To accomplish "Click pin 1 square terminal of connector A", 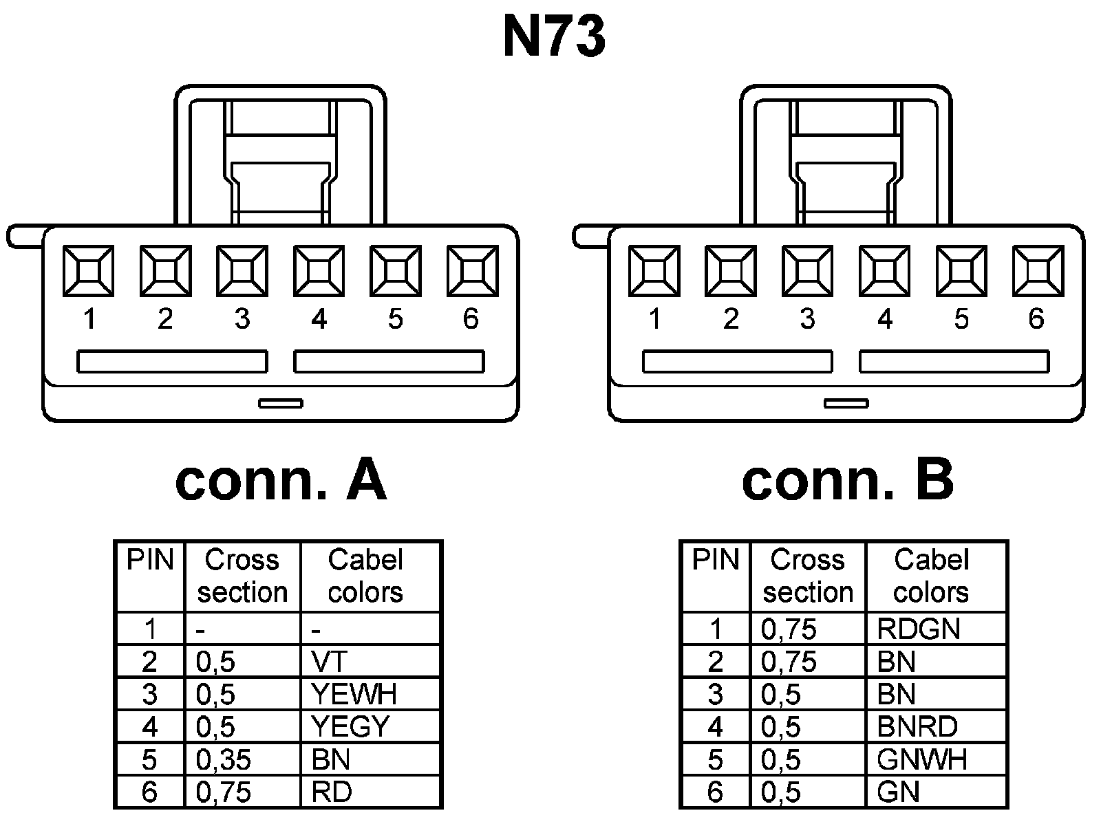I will tap(89, 271).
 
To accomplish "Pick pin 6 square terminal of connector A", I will tap(472, 271).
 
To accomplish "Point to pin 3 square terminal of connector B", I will tap(807, 271).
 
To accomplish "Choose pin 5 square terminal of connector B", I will tap(961, 271).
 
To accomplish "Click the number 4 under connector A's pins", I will tap(319, 319).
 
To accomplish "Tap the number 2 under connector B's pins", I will tap(731, 319).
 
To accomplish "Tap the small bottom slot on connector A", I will tap(280, 403).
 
